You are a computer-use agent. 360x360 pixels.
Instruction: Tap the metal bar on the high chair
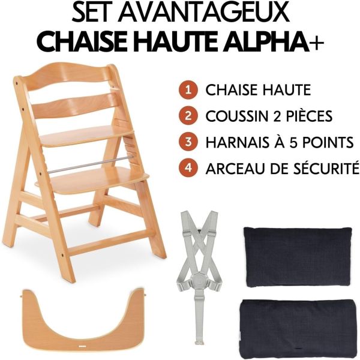(x=90, y=164)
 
